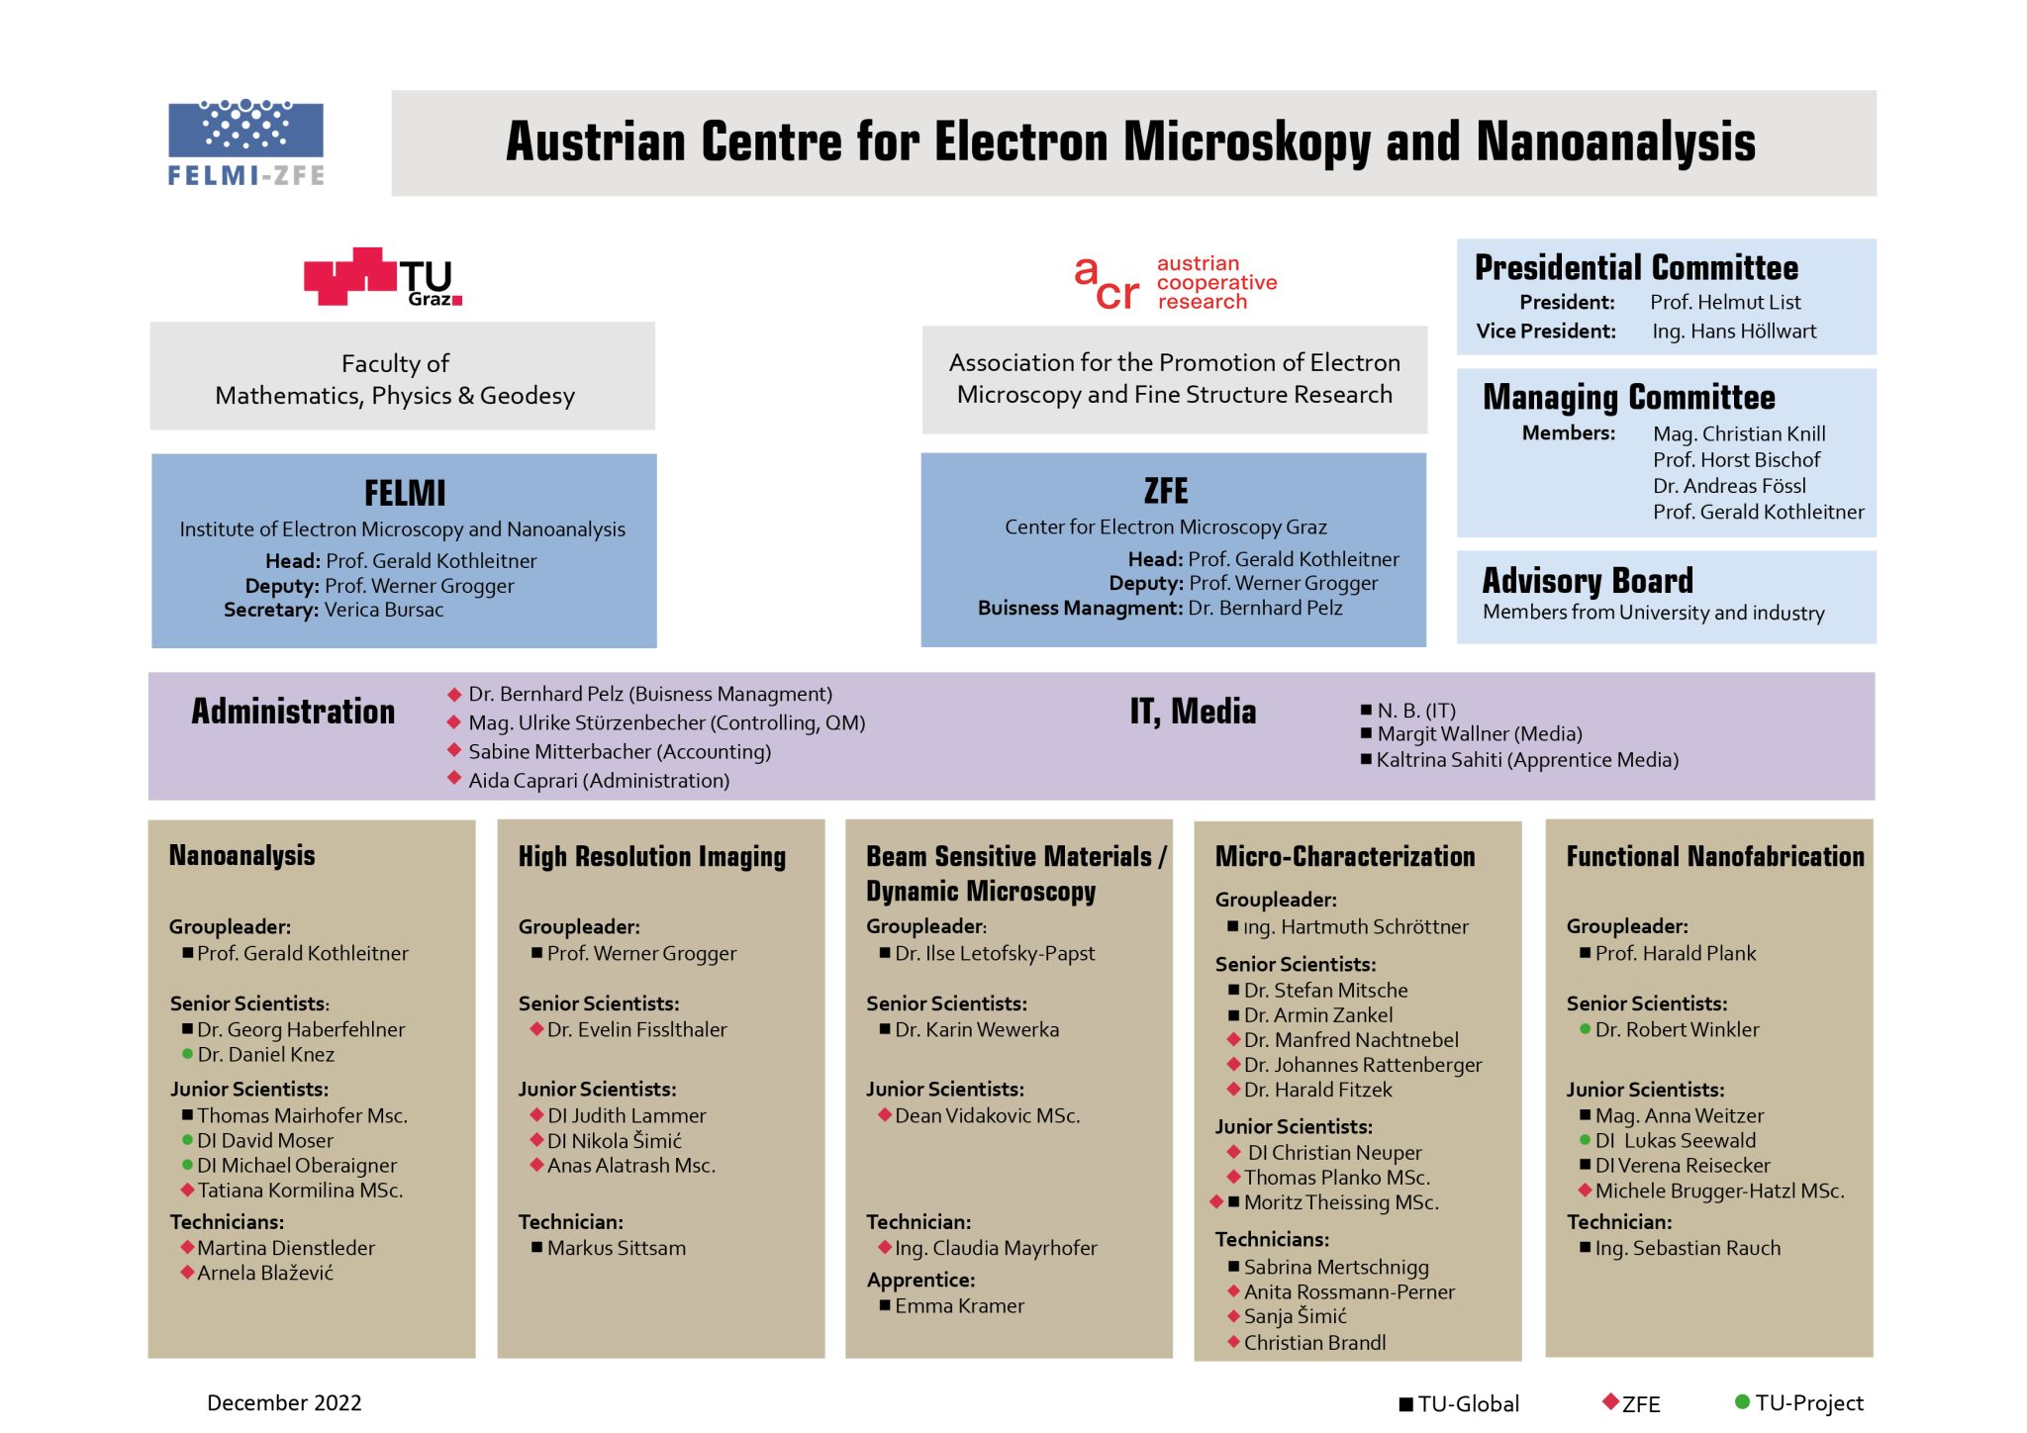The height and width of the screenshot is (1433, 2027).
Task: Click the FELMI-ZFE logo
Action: click(245, 143)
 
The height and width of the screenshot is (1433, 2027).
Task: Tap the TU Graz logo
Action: click(382, 277)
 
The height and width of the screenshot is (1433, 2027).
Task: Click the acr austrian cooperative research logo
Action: click(1175, 283)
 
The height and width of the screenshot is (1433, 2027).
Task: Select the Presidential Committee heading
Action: click(1636, 268)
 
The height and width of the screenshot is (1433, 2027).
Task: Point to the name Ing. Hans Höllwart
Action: click(1733, 332)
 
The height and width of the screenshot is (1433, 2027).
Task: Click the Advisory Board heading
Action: click(1588, 580)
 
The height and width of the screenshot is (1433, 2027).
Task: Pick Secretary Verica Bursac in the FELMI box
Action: click(334, 610)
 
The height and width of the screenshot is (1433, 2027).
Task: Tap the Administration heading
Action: click(293, 712)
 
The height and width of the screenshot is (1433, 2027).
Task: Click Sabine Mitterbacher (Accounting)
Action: click(619, 752)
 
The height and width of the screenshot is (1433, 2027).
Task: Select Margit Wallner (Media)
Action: click(1479, 734)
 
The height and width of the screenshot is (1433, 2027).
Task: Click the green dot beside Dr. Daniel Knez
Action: click(187, 1054)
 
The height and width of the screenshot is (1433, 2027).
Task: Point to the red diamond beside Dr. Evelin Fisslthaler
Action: click(536, 1029)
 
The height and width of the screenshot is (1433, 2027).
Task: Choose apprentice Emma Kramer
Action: click(959, 1306)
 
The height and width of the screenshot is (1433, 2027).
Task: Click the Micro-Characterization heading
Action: click(1344, 857)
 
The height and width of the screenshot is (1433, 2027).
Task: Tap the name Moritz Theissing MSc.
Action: click(1341, 1202)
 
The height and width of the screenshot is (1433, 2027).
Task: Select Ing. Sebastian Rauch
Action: click(1687, 1249)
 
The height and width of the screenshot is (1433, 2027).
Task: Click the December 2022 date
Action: click(284, 1403)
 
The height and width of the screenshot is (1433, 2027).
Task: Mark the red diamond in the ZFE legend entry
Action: click(1610, 1401)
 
